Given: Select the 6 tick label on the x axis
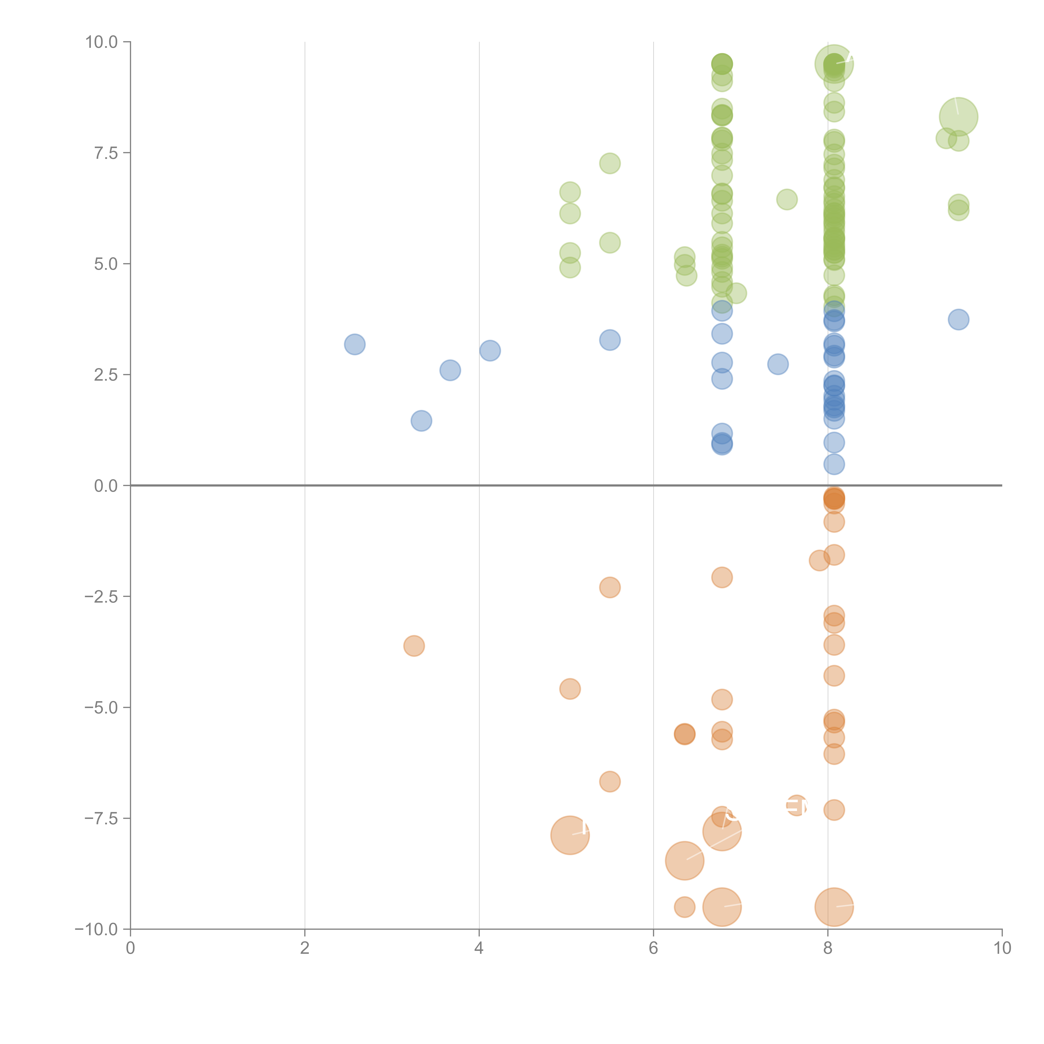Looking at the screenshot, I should [653, 948].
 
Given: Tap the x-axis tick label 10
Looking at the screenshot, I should [1002, 948].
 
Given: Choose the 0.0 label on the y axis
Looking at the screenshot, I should [106, 486].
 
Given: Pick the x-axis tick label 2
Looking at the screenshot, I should [305, 948].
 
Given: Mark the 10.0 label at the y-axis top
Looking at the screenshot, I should [102, 42].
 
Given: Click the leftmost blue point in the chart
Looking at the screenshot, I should [355, 344].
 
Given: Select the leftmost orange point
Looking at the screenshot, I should [414, 646].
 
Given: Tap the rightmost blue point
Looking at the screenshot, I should [958, 319].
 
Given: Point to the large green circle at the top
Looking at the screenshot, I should [834, 64].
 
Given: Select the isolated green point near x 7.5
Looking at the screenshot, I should [787, 199].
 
